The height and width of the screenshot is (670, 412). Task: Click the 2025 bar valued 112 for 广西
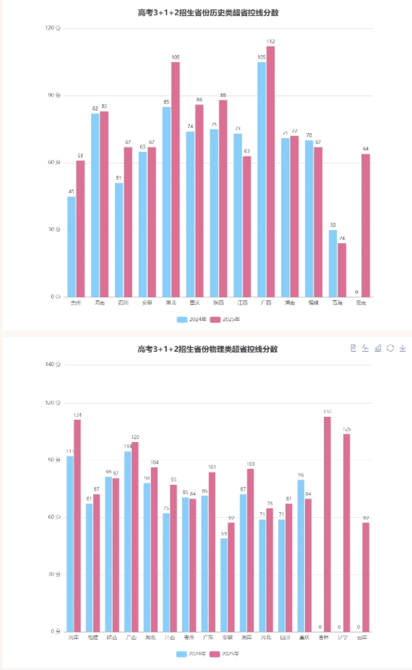coord(270,171)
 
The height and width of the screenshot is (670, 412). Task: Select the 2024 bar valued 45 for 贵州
coord(72,246)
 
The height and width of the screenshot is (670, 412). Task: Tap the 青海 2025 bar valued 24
coord(342,269)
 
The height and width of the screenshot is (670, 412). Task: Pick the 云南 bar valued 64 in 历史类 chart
coord(366,225)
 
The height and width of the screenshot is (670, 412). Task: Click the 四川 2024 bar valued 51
coord(119,239)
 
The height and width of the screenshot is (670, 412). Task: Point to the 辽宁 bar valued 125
coord(346,533)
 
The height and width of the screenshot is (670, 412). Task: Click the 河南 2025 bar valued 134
coord(77,525)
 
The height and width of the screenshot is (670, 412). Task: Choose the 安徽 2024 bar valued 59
coord(223,585)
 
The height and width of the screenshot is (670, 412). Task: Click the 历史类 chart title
coord(207,12)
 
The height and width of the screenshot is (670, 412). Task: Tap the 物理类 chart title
coord(207,349)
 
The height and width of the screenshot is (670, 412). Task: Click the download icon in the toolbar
coord(403,348)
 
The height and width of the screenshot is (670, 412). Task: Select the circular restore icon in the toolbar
coord(390,348)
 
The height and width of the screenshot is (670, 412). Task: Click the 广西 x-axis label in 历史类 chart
coord(265,302)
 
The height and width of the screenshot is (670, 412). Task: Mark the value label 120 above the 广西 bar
coord(134,437)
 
